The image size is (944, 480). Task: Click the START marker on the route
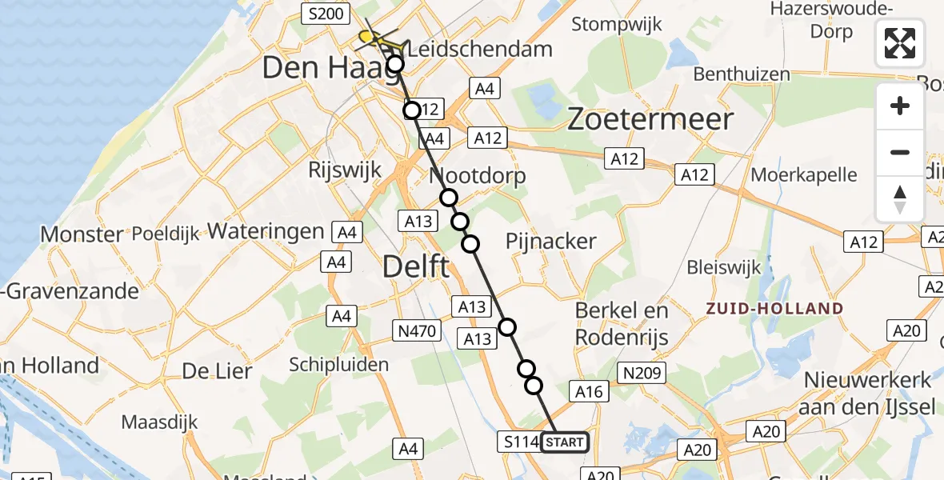tap(565, 442)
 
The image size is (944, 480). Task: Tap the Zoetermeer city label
tap(650, 120)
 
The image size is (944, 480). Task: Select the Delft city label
tap(416, 266)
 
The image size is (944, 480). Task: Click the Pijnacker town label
tap(551, 241)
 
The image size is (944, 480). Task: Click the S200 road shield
tap(324, 14)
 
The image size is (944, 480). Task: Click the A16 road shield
tap(589, 390)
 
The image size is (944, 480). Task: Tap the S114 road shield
tap(518, 441)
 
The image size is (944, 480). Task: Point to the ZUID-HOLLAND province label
tap(773, 309)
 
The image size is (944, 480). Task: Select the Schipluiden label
tap(338, 364)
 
